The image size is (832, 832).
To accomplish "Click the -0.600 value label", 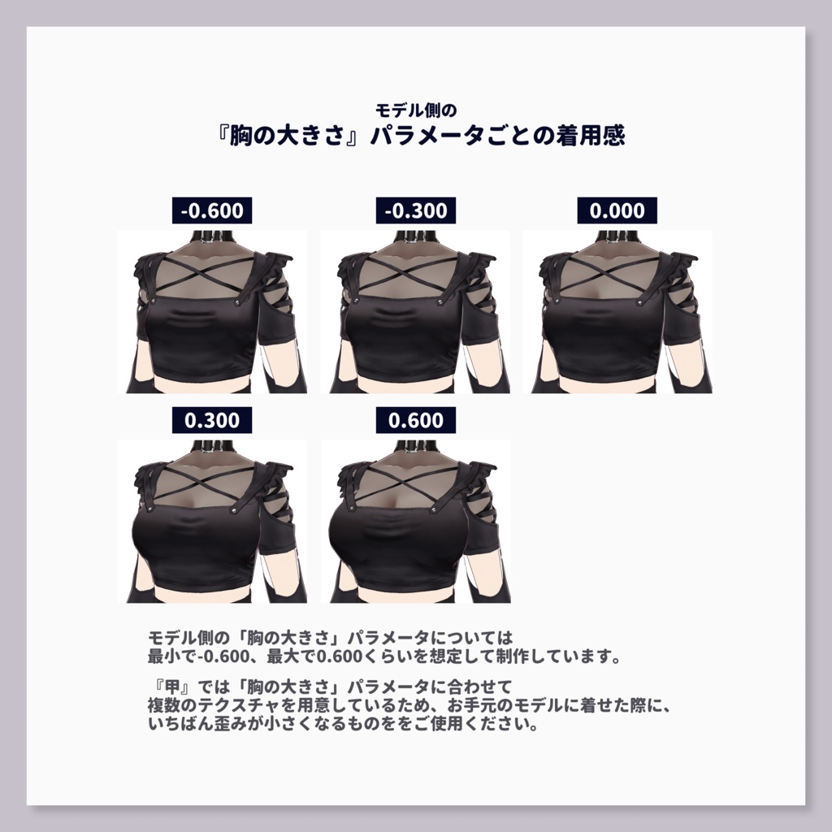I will [212, 211].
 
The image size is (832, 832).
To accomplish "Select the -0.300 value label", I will [416, 211].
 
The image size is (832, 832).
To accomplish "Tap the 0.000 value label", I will [617, 211].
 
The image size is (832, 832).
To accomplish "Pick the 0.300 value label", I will [212, 420].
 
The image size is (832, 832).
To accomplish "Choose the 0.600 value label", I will [416, 420].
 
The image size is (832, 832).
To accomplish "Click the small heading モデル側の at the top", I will [416, 108].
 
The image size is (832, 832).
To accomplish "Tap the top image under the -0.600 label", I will [212, 313].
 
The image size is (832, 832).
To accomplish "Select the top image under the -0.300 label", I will [415, 313].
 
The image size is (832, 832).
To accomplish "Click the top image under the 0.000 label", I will [617, 313].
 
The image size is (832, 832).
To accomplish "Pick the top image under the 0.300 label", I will [212, 522].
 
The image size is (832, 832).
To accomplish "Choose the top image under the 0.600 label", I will [415, 522].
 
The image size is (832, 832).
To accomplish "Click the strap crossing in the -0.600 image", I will [210, 271].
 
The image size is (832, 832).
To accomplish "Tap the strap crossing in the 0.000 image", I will [615, 272].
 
